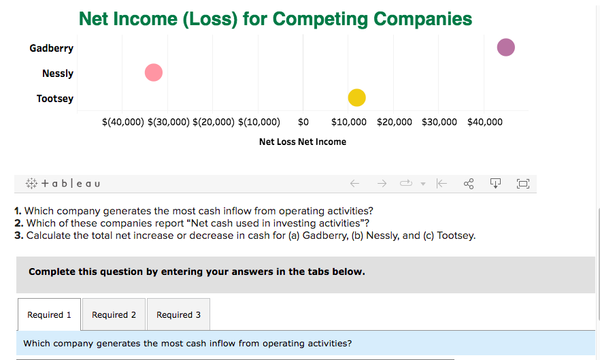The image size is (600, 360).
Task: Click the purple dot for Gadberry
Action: point(505,48)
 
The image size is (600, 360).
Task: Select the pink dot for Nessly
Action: point(154,72)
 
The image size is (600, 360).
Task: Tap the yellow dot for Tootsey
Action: point(356,98)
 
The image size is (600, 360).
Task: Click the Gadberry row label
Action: point(52,48)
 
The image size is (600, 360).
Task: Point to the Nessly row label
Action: point(58,73)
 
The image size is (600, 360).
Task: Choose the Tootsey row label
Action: point(55,99)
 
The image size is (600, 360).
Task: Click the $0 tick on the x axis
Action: point(303,122)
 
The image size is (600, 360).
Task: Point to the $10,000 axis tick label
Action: point(349,122)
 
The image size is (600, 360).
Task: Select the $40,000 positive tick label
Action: point(485,122)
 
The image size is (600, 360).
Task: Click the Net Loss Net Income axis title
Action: point(303,142)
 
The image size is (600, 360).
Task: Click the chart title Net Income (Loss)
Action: point(276,18)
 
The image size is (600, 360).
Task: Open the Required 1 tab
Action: point(49,314)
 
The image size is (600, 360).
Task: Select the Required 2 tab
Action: point(114,314)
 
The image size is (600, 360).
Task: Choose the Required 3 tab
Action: point(178,314)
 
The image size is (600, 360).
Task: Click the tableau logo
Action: point(62,184)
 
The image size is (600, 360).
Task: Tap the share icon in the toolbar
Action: point(469,184)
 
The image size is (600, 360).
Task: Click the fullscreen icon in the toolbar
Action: point(522,184)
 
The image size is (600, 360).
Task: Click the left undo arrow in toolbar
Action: point(354,184)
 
